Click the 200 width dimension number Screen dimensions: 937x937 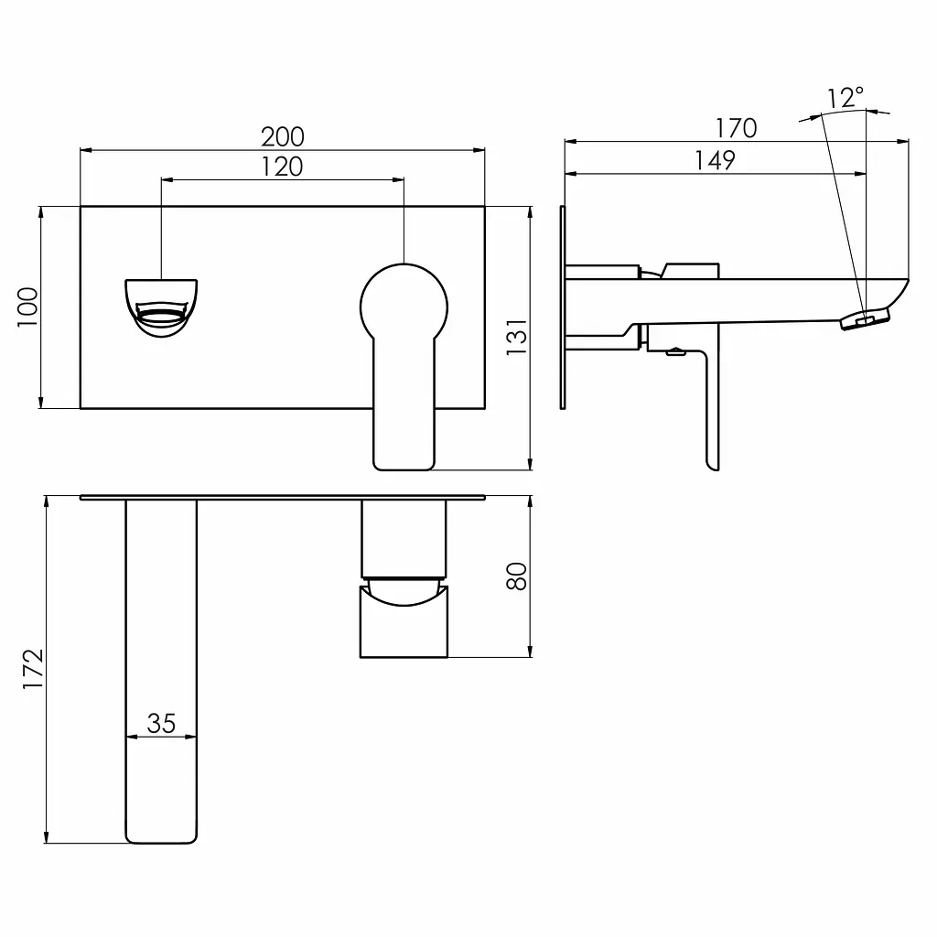coord(283,137)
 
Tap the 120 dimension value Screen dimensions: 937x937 coord(282,167)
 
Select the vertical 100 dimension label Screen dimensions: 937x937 coord(27,307)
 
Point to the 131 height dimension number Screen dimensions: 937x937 coord(517,338)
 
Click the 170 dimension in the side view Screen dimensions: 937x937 coord(737,128)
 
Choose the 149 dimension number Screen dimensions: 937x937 coord(715,161)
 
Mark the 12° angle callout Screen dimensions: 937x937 coord(845,97)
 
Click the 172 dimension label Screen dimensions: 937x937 coord(33,669)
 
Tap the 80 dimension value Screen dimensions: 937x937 coord(517,576)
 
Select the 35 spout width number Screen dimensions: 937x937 coord(161,724)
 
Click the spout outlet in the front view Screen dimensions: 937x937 coord(161,308)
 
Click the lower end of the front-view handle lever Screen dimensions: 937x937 coord(404,463)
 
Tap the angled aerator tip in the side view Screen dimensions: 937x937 coord(866,318)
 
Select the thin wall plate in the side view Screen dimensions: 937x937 coord(563,307)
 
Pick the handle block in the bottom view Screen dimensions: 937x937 coord(404,621)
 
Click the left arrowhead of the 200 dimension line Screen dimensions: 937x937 coord(86,150)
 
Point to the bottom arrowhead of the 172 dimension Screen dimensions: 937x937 coord(46,836)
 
